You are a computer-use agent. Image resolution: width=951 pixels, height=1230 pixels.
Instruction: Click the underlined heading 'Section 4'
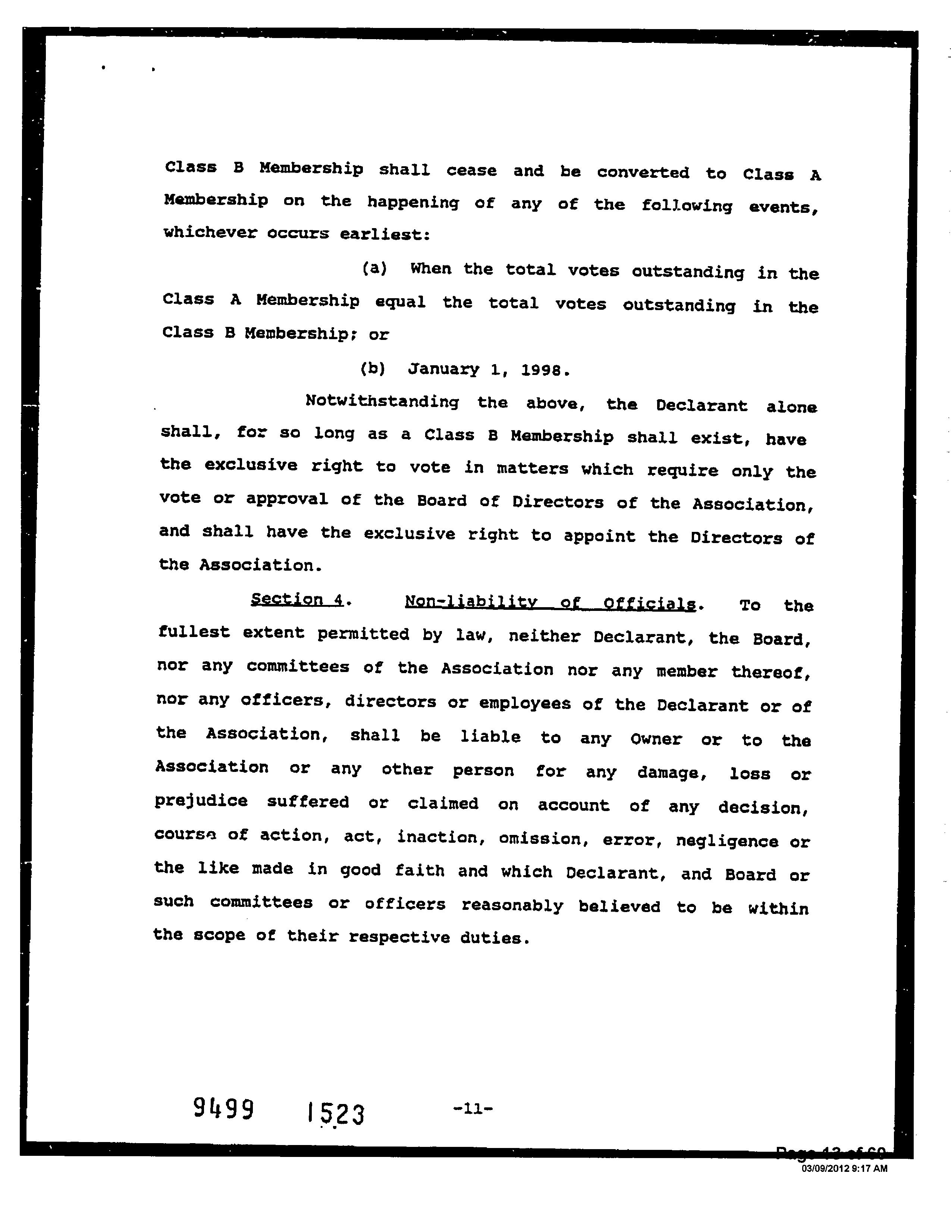click(297, 599)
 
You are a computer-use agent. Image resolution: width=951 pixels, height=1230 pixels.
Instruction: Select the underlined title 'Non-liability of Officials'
click(550, 603)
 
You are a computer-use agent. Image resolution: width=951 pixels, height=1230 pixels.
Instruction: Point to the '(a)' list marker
click(374, 269)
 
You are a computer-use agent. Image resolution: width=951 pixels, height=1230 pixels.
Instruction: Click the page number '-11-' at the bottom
click(472, 1109)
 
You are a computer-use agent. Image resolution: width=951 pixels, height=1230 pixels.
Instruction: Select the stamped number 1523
click(336, 1113)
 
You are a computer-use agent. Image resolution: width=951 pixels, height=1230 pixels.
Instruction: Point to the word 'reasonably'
click(512, 906)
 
